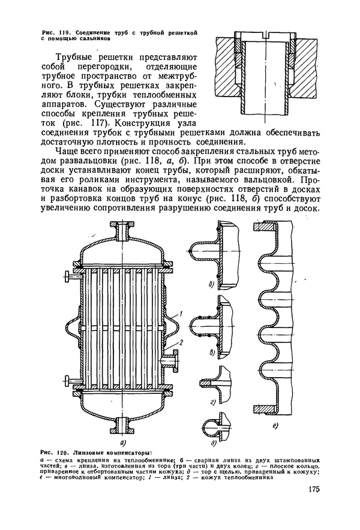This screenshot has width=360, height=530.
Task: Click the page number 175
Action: click(314, 490)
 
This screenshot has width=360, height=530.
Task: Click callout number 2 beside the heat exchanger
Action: click(181, 343)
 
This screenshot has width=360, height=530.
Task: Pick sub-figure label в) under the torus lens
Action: click(212, 353)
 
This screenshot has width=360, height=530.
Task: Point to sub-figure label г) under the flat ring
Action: click(213, 402)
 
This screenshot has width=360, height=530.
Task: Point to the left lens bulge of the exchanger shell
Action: click(72, 327)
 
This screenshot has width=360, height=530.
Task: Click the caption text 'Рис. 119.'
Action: click(56, 33)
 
